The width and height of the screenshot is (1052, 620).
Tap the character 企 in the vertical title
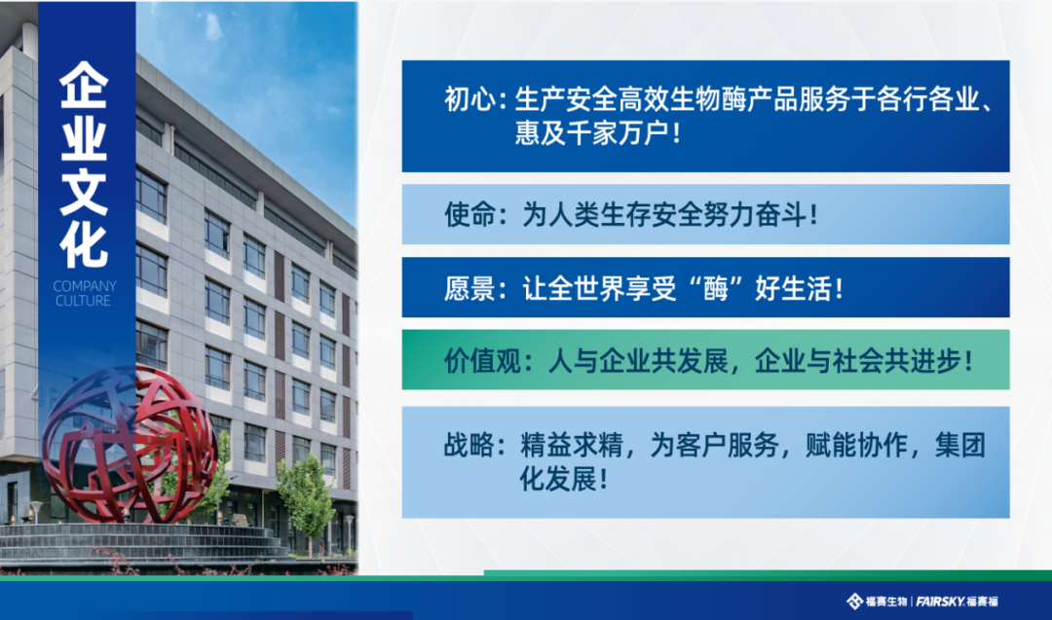pos(84,85)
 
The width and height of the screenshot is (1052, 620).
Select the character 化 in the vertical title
pos(84,245)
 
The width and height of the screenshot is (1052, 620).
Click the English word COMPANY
pos(85,286)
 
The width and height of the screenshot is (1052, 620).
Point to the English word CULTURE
pos(83,301)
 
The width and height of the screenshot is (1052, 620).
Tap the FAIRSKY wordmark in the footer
pos(940,602)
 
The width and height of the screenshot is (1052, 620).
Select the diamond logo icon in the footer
pos(854,602)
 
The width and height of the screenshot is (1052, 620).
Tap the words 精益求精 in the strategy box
pos(572,445)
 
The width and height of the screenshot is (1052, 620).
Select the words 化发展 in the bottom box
pos(557,479)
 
